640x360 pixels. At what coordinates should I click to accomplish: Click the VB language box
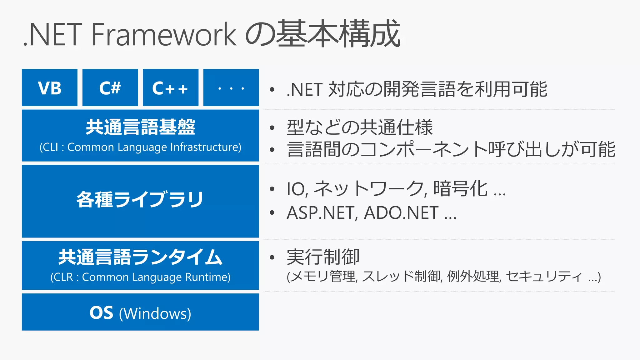50,88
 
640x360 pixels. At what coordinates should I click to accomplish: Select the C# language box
110,88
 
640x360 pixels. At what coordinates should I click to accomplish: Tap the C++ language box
170,88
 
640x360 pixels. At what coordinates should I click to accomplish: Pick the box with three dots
231,88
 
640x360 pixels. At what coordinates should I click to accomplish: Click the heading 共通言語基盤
140,127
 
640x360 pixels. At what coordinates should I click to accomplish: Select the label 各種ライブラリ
140,199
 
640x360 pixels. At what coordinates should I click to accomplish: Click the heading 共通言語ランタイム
140,257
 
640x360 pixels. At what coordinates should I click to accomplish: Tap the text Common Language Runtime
156,277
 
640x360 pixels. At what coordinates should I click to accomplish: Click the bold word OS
101,312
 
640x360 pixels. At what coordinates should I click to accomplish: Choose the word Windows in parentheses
155,313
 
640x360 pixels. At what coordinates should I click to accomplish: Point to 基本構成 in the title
338,34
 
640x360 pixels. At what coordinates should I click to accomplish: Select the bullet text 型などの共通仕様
359,127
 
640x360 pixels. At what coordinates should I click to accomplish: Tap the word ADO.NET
401,213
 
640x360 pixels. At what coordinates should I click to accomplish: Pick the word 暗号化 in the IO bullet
460,189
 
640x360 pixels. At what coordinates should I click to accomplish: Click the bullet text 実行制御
323,257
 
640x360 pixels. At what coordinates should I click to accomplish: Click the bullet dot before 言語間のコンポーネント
272,150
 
